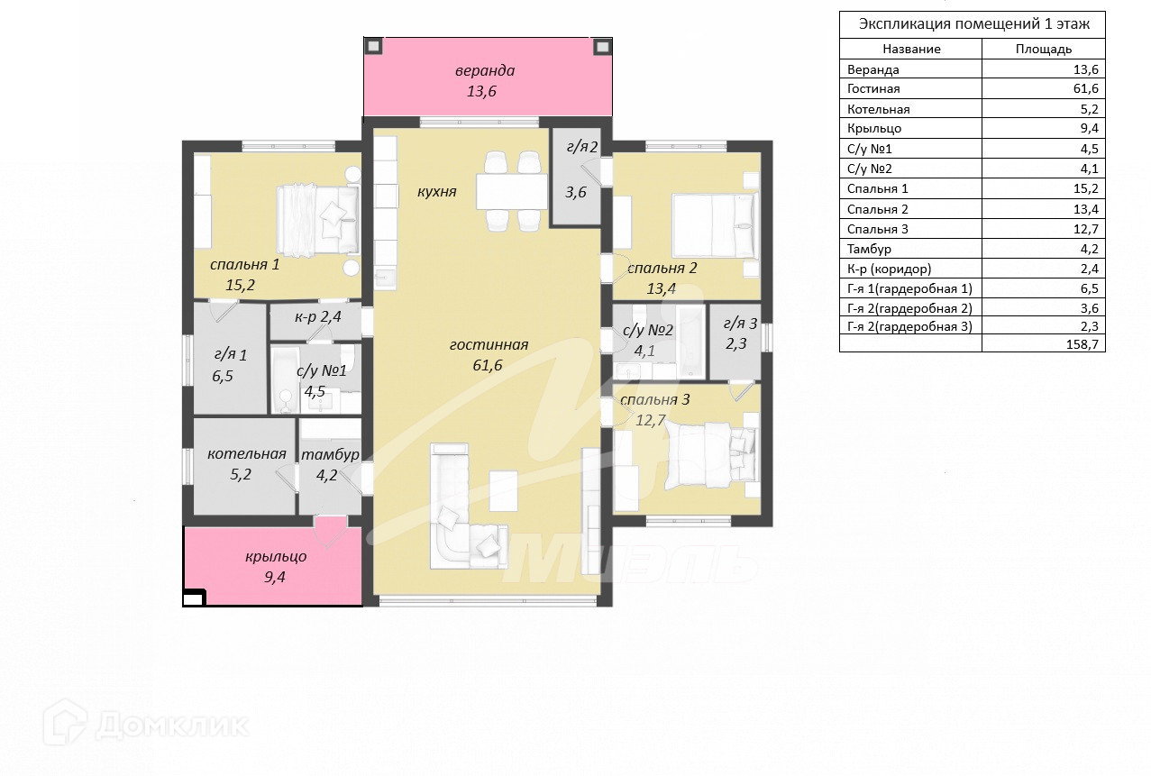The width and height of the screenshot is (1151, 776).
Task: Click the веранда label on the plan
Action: pyautogui.click(x=485, y=70)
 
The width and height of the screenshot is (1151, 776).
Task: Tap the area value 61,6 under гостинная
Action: pyautogui.click(x=487, y=365)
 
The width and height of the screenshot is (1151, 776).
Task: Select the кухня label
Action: pyautogui.click(x=437, y=192)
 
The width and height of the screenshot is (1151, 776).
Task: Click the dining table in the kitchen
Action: pyautogui.click(x=512, y=192)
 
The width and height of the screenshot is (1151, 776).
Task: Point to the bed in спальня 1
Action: pyautogui.click(x=317, y=220)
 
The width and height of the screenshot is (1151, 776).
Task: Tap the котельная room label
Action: pyautogui.click(x=247, y=453)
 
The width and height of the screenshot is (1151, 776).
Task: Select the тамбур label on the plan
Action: pyautogui.click(x=330, y=454)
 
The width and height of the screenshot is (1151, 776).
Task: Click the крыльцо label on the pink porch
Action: pyautogui.click(x=276, y=557)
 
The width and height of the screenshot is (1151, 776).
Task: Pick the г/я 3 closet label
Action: pyautogui.click(x=740, y=324)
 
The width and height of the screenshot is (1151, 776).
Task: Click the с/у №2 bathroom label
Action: pyautogui.click(x=647, y=330)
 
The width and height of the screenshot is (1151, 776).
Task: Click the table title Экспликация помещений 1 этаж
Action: pyautogui.click(x=973, y=24)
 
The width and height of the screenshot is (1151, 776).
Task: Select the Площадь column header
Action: pyautogui.click(x=1044, y=50)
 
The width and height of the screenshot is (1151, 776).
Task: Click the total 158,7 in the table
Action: pyautogui.click(x=1082, y=343)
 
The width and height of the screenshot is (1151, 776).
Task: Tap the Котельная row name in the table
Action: pyautogui.click(x=878, y=109)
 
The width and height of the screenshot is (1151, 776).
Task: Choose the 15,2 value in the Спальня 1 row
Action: pyautogui.click(x=1086, y=188)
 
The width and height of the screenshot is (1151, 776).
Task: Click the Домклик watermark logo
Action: pyautogui.click(x=145, y=725)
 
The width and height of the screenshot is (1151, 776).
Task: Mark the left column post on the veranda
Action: pyautogui.click(x=373, y=47)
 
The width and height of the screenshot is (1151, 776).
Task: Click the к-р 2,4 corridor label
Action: pyautogui.click(x=318, y=316)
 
